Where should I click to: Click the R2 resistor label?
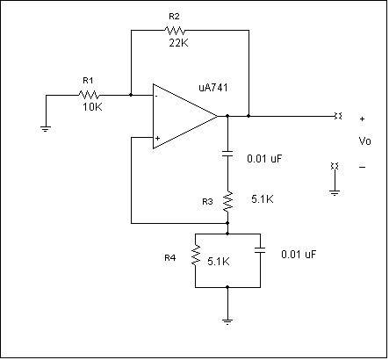tap(174, 17)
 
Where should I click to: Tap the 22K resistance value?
tap(178, 43)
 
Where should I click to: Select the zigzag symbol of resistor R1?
tap(89, 95)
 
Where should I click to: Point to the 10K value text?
tap(92, 107)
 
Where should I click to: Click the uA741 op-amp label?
tap(213, 88)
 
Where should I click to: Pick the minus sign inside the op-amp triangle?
tap(157, 96)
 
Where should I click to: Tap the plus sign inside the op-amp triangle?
tap(157, 138)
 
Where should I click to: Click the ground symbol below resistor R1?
tap(46, 129)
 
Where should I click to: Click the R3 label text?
tap(207, 202)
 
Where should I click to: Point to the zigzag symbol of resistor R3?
tap(228, 201)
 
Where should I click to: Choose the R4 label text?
tap(170, 258)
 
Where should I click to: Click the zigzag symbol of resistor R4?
tap(196, 256)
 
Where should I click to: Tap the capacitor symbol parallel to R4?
tap(260, 250)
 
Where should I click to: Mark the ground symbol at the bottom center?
tap(227, 321)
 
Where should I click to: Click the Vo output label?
tap(365, 141)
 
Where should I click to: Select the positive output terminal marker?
tap(338, 116)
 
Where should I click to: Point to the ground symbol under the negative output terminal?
tap(335, 193)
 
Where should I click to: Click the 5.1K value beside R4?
tap(219, 262)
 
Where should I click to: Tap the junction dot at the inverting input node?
tap(131, 95)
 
